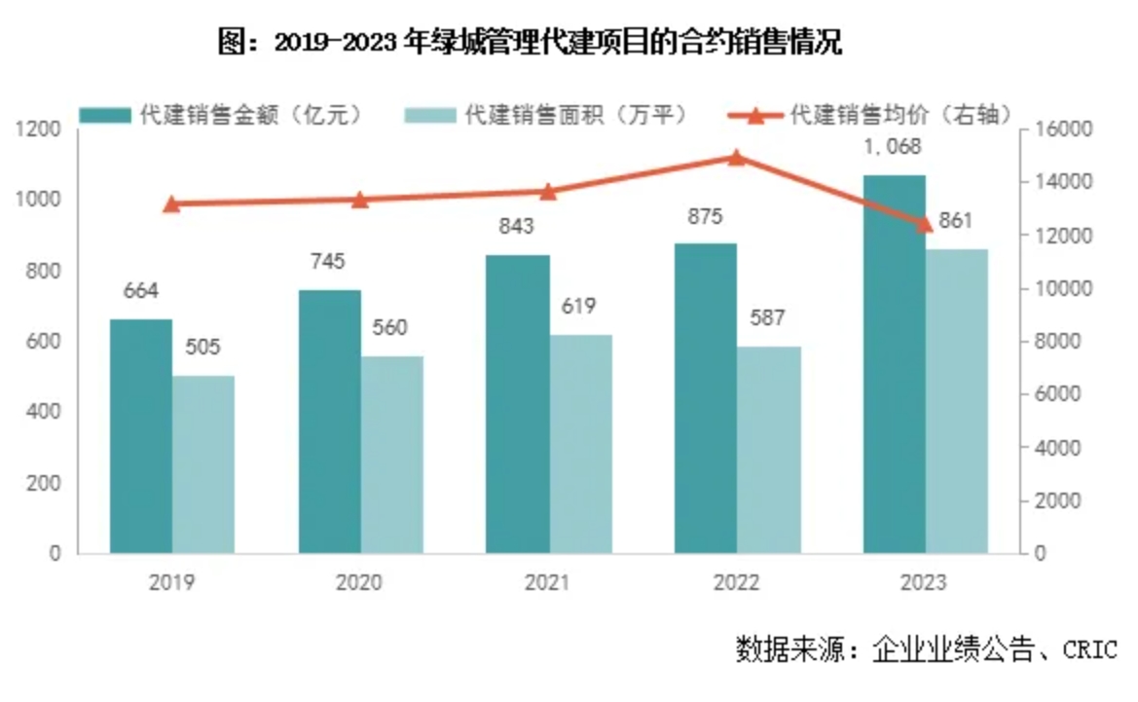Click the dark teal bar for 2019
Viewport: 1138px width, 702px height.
(x=141, y=436)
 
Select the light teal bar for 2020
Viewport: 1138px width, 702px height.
(x=392, y=455)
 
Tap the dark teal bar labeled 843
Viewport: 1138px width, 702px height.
(x=518, y=404)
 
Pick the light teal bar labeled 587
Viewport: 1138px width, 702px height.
(x=769, y=450)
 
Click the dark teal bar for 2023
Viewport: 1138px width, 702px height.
(x=894, y=364)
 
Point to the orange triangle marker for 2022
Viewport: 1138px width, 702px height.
(x=737, y=158)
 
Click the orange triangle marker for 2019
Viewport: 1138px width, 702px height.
(x=171, y=203)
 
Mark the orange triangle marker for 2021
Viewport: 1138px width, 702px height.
(x=548, y=191)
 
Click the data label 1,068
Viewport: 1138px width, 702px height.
(x=894, y=148)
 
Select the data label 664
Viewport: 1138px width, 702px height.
(x=141, y=291)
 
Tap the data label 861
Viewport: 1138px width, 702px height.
(x=956, y=221)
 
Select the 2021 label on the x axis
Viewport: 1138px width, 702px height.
(x=547, y=583)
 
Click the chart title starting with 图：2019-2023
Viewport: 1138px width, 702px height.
(x=531, y=44)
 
